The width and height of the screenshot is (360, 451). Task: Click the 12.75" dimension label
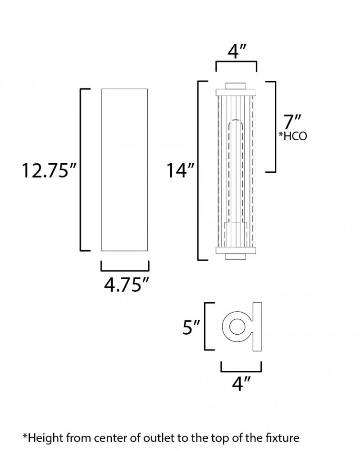point(50,170)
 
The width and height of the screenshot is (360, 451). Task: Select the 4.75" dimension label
point(127,285)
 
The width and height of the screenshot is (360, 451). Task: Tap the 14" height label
point(181,170)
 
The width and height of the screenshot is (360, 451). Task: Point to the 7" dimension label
point(292,122)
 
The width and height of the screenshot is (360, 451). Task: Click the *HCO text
point(293,136)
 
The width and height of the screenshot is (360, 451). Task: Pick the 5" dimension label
point(191,327)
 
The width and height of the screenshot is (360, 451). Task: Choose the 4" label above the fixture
point(237,52)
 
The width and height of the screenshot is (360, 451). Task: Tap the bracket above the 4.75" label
point(125,270)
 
